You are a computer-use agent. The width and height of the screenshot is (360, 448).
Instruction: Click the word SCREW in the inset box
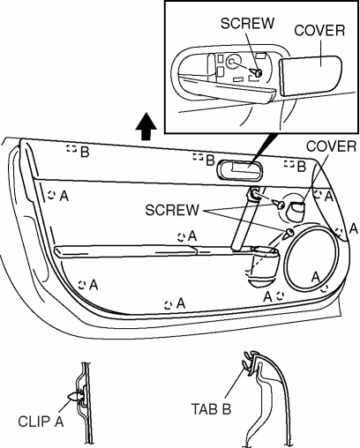point(247,23)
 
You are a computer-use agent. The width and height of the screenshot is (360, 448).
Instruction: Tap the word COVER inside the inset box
point(319,31)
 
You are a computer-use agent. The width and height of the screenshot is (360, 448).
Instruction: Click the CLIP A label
point(41,422)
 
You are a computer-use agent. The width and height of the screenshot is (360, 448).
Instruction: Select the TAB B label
point(211,409)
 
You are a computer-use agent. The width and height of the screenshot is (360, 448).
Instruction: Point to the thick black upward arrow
point(146,126)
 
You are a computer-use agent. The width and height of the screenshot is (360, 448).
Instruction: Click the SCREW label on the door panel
point(172,210)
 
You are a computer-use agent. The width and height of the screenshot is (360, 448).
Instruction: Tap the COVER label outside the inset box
point(331,146)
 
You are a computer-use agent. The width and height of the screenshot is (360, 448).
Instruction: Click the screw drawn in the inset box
point(255,72)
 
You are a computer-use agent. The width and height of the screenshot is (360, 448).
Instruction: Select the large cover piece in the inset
point(311,76)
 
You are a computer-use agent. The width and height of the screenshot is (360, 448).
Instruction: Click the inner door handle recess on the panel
point(240,170)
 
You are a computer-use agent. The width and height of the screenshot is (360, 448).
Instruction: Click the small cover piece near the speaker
point(296,211)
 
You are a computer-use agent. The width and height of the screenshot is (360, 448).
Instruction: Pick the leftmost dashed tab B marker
point(71,148)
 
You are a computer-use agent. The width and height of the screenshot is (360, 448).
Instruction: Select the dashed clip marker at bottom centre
point(168,305)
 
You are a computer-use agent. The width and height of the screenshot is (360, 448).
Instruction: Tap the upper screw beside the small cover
point(280,204)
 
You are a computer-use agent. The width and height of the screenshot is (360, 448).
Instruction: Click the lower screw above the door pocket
point(289,234)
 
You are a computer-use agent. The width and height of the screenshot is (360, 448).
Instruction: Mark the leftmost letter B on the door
point(85,153)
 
